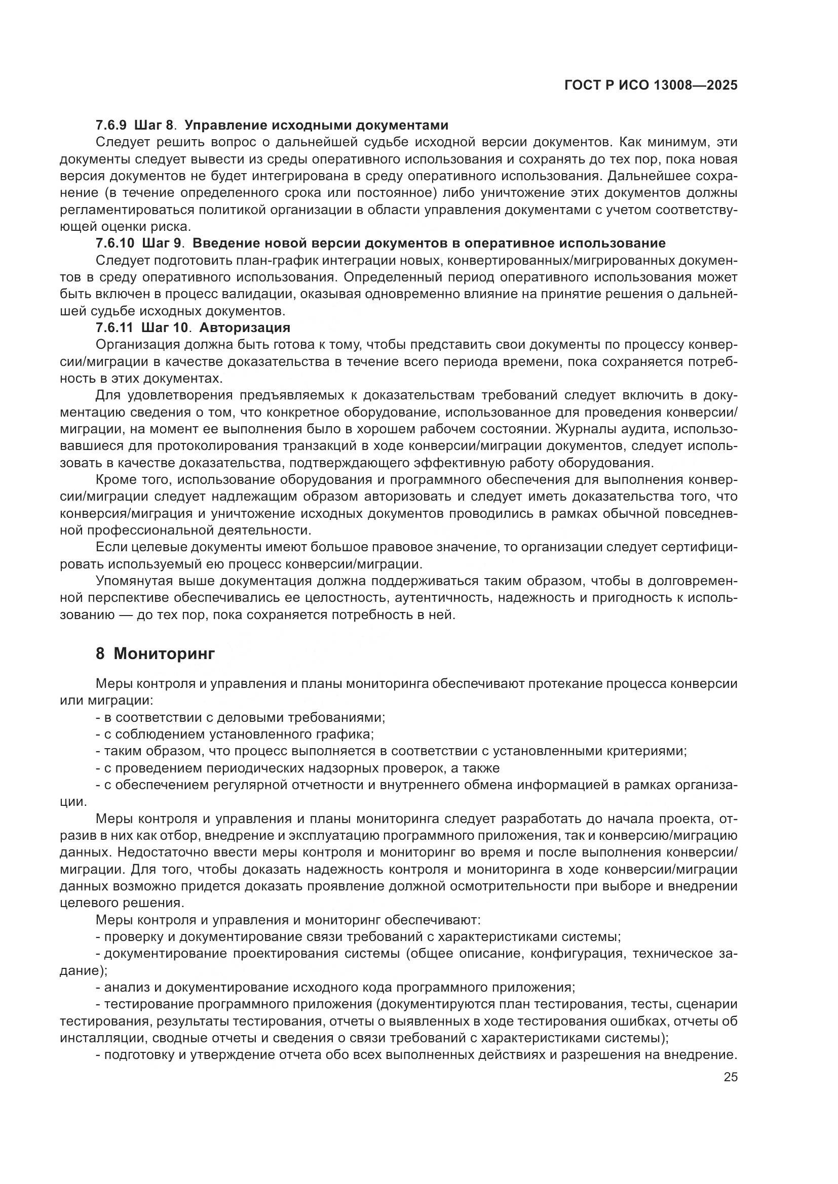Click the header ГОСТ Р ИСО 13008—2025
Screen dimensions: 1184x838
pyautogui.click(x=651, y=86)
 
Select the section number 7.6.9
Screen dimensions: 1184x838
pyautogui.click(x=111, y=126)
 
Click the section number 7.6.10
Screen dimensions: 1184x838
pyautogui.click(x=115, y=243)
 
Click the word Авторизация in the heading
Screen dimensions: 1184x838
pyautogui.click(x=245, y=328)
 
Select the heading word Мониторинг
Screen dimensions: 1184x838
pyautogui.click(x=164, y=654)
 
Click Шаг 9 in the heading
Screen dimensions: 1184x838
pyautogui.click(x=163, y=243)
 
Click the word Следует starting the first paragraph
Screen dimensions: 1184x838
pyautogui.click(x=121, y=142)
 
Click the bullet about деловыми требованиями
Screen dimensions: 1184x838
pyautogui.click(x=241, y=717)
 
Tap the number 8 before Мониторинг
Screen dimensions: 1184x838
pyautogui.click(x=100, y=654)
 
